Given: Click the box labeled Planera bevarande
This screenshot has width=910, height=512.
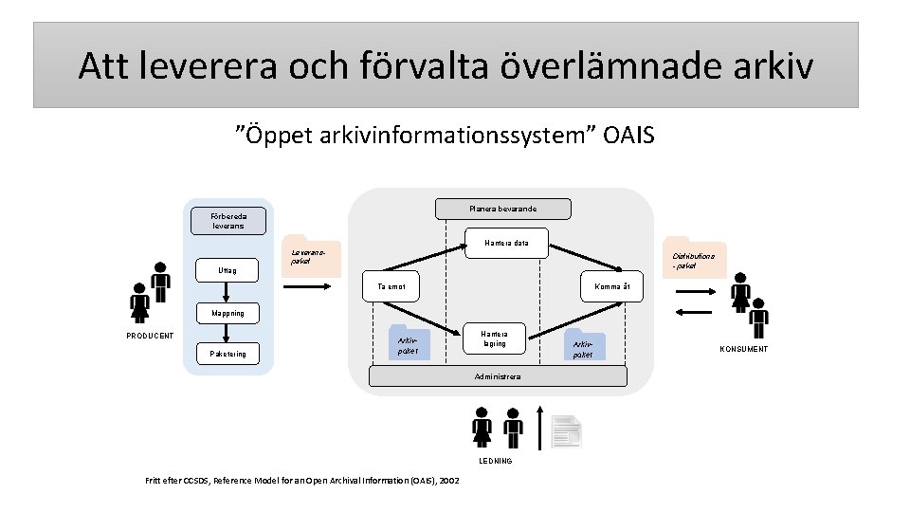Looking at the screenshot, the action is point(502,209).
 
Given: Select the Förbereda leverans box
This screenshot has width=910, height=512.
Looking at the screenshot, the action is point(227,221).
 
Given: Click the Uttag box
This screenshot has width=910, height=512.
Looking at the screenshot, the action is point(227,271).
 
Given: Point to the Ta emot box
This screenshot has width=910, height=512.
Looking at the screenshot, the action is point(391,285).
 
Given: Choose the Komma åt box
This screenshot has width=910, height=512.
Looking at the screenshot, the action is point(606,285).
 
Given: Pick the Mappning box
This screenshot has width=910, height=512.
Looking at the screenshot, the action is point(227,313).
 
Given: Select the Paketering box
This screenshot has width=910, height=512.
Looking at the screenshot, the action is point(227,355).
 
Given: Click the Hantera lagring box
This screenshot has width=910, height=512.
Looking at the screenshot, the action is point(493,338).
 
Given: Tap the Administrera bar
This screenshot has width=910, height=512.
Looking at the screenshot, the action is point(498,376).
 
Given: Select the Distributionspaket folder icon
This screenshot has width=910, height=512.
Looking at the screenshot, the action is point(695,258).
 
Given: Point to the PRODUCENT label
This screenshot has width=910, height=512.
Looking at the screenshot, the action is point(150,336).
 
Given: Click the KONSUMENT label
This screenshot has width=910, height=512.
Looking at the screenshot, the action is point(743,349).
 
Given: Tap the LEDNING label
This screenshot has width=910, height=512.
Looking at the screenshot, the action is point(496,461).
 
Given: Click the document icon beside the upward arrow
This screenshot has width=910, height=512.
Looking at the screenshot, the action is point(566,431).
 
